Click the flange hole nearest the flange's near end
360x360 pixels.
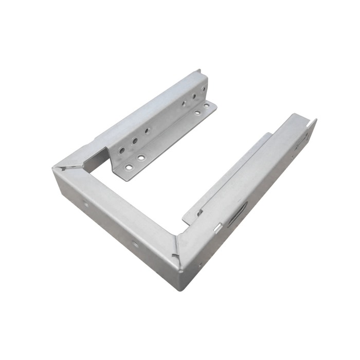click(128, 167)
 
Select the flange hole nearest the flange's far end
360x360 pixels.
click(207, 105)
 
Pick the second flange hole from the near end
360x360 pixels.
click(140, 157)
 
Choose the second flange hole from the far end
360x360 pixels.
click(196, 113)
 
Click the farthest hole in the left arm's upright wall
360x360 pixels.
click(203, 89)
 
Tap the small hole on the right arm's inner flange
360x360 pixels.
click(201, 212)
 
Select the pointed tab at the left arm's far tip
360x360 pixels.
click(199, 72)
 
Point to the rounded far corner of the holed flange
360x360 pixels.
click(213, 104)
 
